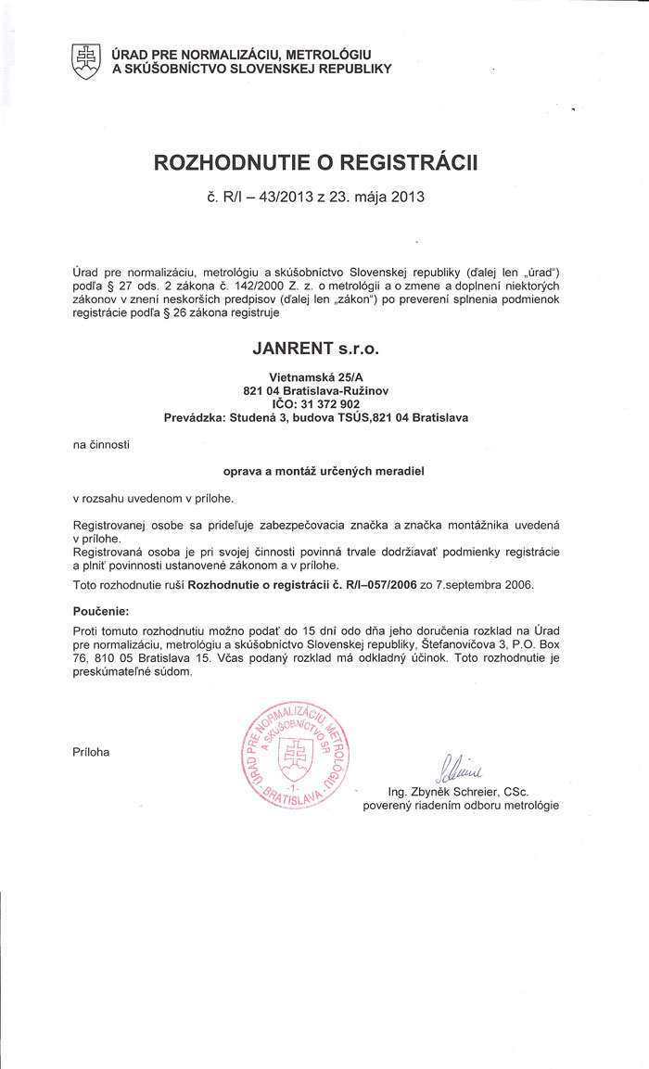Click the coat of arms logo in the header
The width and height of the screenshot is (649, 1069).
pyautogui.click(x=85, y=61)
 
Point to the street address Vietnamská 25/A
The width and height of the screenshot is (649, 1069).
pyautogui.click(x=316, y=377)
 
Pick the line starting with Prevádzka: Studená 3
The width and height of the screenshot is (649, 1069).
pyautogui.click(x=316, y=418)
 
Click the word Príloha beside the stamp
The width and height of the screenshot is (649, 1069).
pyautogui.click(x=91, y=752)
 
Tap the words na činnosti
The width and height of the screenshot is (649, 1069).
pyautogui.click(x=101, y=445)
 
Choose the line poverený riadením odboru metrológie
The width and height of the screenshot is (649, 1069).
pyautogui.click(x=461, y=806)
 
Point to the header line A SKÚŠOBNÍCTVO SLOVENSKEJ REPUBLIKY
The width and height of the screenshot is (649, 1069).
pyautogui.click(x=251, y=69)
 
